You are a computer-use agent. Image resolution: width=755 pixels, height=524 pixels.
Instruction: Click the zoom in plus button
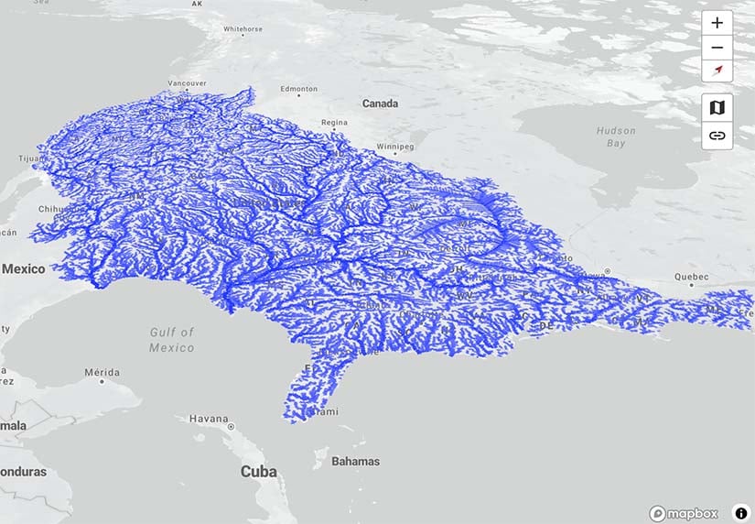(x=717, y=23)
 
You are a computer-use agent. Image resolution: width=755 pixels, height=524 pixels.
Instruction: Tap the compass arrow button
(x=717, y=71)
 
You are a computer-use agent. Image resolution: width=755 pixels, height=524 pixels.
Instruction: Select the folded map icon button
(x=717, y=107)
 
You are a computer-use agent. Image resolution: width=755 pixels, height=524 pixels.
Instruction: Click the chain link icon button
(x=717, y=136)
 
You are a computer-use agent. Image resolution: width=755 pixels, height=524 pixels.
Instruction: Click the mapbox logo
(x=684, y=514)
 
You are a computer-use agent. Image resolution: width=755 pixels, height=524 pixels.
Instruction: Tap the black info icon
(x=741, y=514)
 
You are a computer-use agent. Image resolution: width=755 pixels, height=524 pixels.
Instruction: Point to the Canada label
(x=380, y=104)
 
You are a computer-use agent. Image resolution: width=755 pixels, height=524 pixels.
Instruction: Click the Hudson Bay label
(x=616, y=137)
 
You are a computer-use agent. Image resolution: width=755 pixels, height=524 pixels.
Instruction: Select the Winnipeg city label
(x=395, y=147)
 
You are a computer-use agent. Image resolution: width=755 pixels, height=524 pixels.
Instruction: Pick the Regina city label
(x=334, y=122)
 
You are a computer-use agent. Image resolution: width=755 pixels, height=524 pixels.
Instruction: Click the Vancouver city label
(x=189, y=83)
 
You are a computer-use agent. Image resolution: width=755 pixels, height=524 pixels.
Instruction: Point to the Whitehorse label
(x=243, y=29)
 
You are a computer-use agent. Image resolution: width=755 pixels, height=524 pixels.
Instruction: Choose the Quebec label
(x=691, y=276)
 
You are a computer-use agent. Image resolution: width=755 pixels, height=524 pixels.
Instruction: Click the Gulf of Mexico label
(x=172, y=340)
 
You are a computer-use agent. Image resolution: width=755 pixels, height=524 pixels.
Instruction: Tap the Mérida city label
(x=102, y=372)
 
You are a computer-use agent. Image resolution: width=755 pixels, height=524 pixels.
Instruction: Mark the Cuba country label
(x=258, y=472)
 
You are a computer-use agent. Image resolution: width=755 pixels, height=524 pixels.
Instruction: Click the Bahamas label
(x=355, y=461)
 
